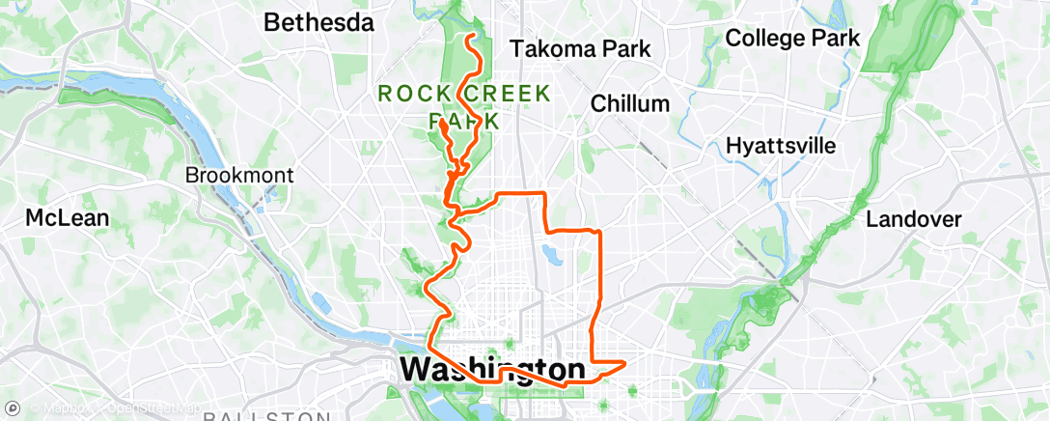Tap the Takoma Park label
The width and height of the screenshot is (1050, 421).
tap(580, 48)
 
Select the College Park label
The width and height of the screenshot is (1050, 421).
tap(791, 39)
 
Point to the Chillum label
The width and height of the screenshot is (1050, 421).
tap(629, 103)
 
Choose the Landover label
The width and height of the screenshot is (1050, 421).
tap(913, 219)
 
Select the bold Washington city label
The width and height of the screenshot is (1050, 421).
tap(491, 369)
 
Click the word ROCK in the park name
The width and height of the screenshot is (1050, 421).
tap(408, 95)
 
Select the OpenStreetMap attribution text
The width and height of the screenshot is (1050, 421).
tap(146, 407)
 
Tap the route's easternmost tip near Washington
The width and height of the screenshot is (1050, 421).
tap(626, 363)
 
